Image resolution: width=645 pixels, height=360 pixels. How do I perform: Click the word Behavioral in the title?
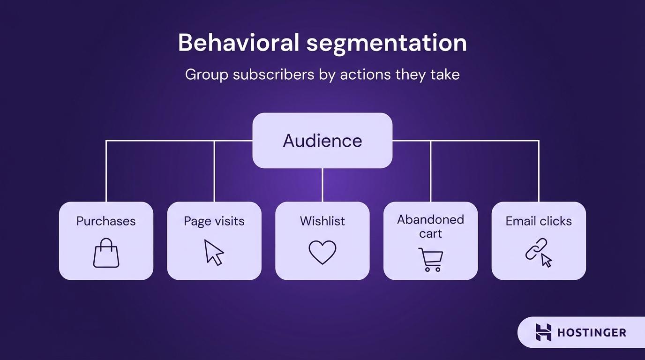(238, 43)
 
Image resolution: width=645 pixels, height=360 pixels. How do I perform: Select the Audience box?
(322, 141)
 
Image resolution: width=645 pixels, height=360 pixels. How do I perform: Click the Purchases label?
(106, 221)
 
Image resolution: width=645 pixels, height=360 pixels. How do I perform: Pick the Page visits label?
(214, 221)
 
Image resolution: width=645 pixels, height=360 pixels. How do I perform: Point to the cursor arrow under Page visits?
(214, 253)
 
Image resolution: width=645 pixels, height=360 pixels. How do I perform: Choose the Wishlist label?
(322, 221)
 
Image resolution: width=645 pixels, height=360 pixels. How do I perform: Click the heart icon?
(322, 252)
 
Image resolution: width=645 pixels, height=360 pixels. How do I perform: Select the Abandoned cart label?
(430, 226)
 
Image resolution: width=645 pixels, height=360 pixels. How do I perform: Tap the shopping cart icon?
(430, 259)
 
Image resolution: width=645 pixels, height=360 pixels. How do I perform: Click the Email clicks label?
(539, 221)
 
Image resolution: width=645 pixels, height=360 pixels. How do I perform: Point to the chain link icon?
(536, 249)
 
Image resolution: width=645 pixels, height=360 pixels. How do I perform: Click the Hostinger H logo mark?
(544, 332)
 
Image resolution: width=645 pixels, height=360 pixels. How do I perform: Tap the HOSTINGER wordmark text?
(592, 333)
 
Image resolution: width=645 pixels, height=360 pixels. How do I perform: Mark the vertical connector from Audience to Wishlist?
(322, 185)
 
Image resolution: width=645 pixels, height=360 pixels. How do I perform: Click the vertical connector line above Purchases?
(106, 171)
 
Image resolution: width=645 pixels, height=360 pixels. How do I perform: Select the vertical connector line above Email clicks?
(539, 171)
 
